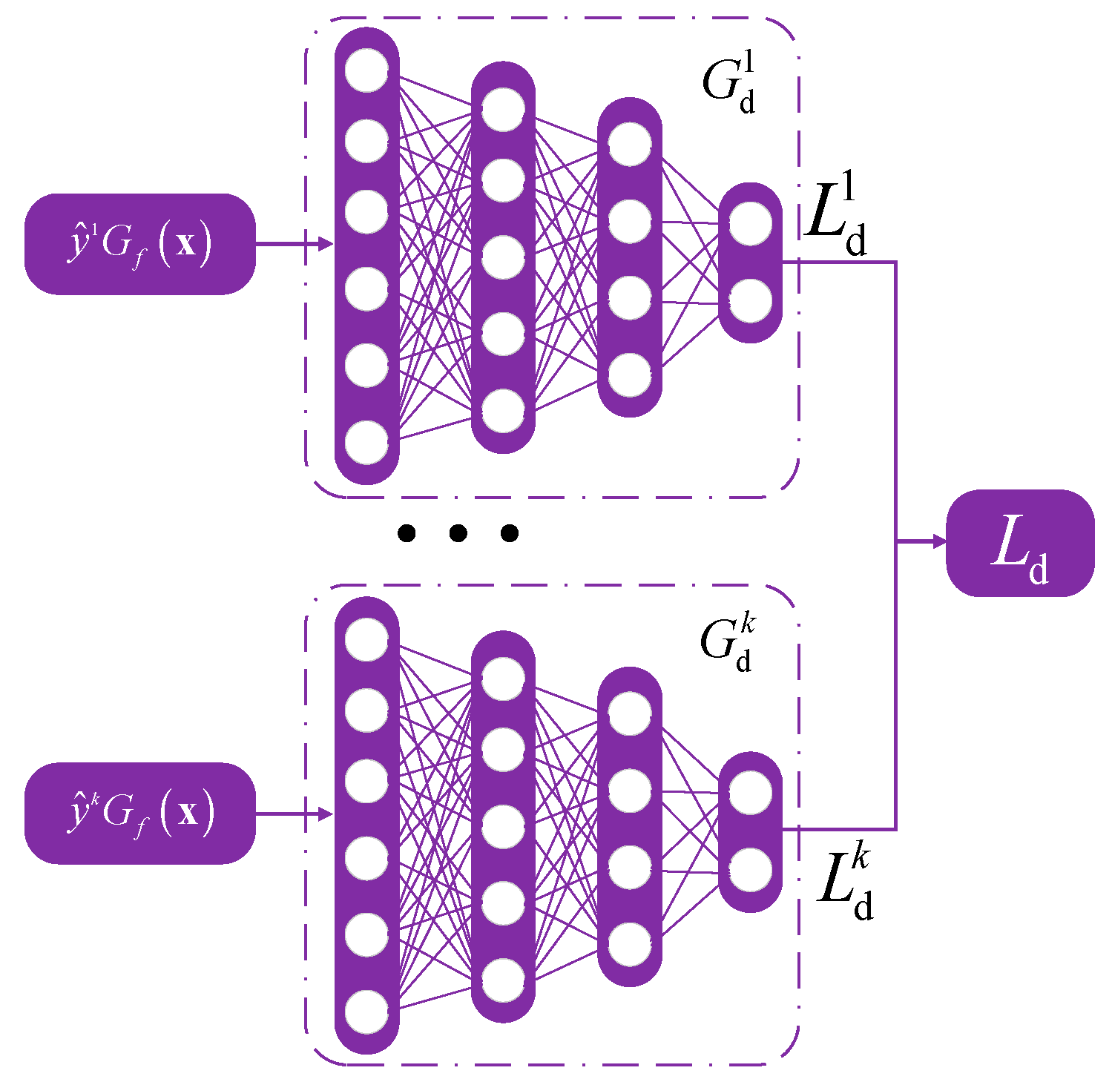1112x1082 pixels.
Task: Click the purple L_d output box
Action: point(1020,543)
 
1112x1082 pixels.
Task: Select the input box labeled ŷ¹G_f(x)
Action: point(140,244)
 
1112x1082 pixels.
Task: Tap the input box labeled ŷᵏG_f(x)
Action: point(140,813)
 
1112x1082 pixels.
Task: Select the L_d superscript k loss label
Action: point(845,885)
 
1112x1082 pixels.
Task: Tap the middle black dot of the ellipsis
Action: point(458,532)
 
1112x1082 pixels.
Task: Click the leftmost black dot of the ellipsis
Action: point(407,532)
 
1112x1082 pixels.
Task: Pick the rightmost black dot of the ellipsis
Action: point(509,532)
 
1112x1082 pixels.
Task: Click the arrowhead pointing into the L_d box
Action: point(938,542)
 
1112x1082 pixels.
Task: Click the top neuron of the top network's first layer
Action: point(366,70)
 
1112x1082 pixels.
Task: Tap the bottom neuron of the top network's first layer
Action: point(366,442)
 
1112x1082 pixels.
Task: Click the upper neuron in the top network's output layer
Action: point(750,223)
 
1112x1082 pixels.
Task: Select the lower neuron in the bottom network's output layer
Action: point(750,871)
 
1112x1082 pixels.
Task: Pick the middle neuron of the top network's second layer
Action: point(503,257)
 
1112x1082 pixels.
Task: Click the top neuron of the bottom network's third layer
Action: point(629,713)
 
